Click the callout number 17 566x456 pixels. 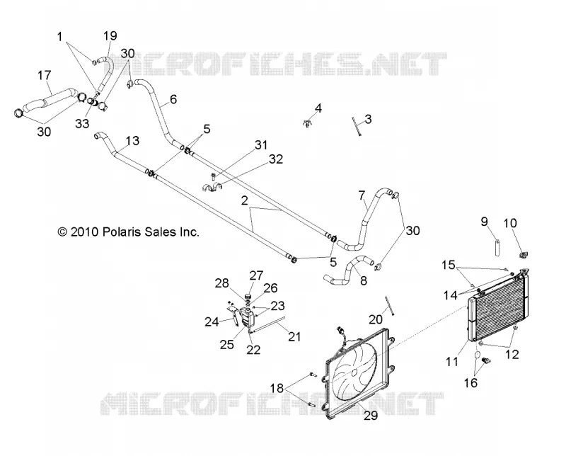[45, 76]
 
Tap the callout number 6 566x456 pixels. [173, 99]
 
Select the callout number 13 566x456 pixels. [132, 141]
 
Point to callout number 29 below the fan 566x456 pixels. [370, 416]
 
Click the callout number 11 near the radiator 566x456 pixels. [452, 361]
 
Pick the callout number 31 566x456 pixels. [261, 145]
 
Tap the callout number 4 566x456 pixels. [318, 108]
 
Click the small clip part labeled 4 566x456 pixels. [307, 123]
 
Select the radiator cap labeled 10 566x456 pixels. [523, 255]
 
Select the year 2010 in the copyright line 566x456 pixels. [85, 232]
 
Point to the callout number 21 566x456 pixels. [294, 337]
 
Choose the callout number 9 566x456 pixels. [485, 222]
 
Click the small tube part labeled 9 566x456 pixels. [497, 248]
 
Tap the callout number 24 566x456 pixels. [212, 321]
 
